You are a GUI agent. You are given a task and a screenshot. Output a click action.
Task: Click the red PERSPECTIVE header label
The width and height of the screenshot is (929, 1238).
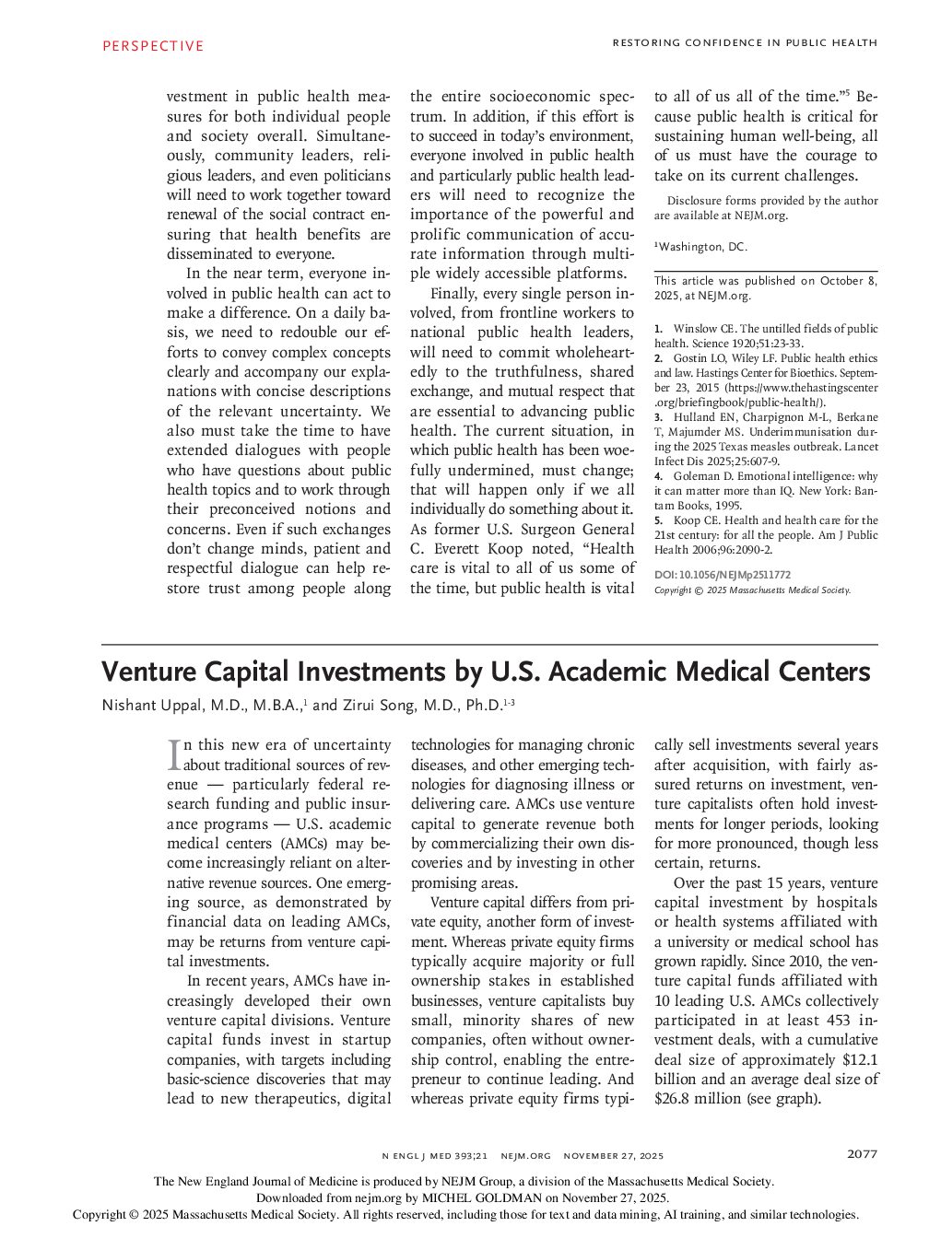(x=152, y=45)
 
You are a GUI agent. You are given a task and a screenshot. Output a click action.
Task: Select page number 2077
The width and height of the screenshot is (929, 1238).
(x=862, y=1154)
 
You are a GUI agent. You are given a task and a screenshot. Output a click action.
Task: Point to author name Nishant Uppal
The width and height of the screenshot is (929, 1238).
(x=148, y=707)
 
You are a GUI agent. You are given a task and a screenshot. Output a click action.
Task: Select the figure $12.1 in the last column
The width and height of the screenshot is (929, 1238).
(x=860, y=1059)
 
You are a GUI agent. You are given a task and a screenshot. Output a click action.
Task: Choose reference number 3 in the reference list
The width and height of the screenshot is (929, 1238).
(x=658, y=417)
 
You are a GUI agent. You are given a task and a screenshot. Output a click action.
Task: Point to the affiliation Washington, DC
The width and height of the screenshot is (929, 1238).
(x=703, y=247)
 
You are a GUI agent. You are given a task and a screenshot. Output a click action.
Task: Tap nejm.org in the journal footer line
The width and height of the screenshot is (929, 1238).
(x=525, y=1155)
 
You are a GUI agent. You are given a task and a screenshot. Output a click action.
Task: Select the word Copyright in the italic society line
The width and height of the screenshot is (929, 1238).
(x=676, y=590)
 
